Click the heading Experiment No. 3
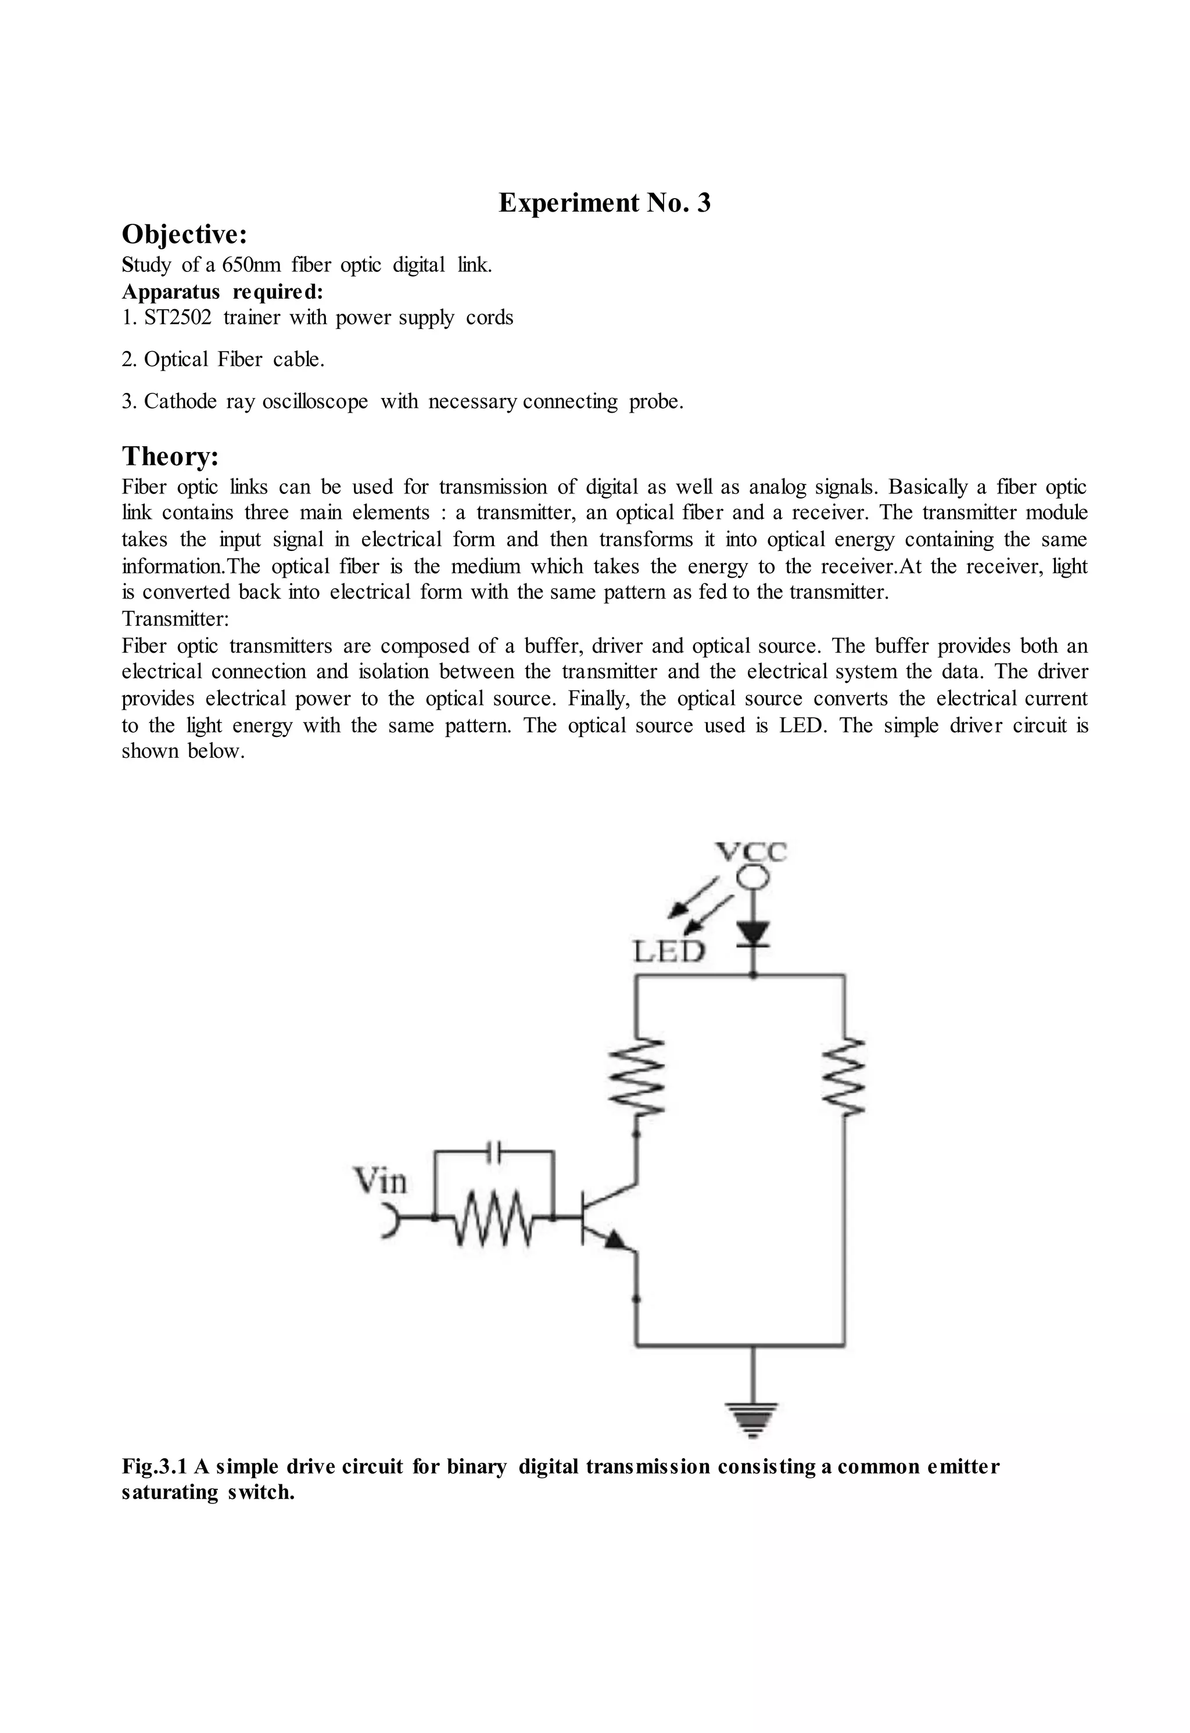tap(604, 203)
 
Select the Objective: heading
tap(184, 235)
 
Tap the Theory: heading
tap(170, 456)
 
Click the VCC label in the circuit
tap(751, 851)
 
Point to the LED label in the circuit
tap(669, 953)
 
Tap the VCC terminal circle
tap(753, 879)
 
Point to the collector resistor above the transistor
tap(636, 1075)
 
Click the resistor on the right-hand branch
tap(844, 1075)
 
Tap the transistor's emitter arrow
tap(616, 1240)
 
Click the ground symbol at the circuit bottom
tap(753, 1419)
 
